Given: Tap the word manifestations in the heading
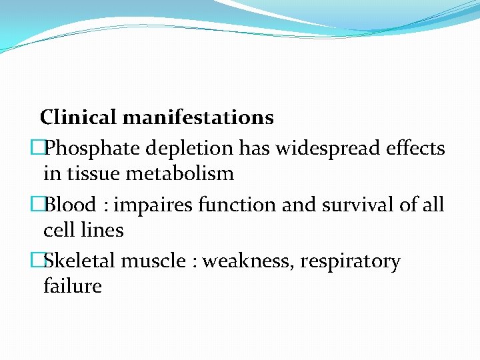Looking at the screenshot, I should pos(198,118).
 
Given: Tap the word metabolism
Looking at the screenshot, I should pos(177,174).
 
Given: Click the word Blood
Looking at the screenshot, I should pos(71,204).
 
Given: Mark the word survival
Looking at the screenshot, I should pos(351,204).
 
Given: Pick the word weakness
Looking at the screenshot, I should pos(247,261).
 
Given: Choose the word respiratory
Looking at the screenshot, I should pos(350,261).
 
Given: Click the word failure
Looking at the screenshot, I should pos(72,287).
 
